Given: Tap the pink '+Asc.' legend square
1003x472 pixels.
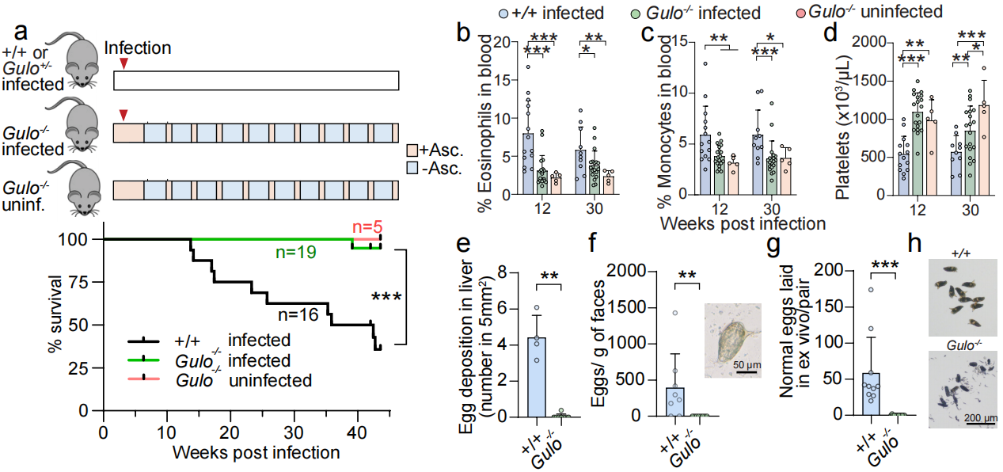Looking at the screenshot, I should click(412, 150).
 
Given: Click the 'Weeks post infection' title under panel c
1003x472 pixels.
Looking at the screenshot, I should click(743, 224).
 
